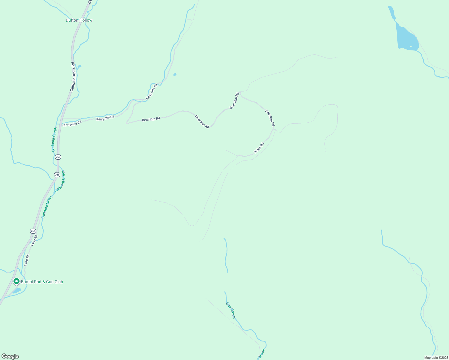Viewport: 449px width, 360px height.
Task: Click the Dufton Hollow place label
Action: coord(79,20)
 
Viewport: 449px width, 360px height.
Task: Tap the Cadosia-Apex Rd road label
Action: coord(73,76)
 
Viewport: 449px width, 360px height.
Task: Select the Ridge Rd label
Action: coord(259,148)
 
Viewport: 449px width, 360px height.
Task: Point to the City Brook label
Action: coord(231,310)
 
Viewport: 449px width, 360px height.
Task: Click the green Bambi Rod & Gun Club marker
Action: coord(17,281)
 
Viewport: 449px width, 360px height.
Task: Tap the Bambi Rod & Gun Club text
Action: coord(42,282)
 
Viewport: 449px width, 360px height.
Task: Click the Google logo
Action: coord(10,356)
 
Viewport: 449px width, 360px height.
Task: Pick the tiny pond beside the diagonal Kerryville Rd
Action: coord(175,74)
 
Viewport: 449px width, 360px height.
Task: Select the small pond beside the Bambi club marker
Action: coord(17,290)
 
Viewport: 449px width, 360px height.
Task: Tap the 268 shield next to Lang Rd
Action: coord(33,231)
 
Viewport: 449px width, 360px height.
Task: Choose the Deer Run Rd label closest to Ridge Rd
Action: coord(270,118)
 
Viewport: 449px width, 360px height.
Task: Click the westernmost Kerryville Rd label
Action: coord(72,123)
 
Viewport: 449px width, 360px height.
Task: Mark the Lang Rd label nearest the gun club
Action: coord(27,260)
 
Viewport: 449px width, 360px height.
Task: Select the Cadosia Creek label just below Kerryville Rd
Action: coord(54,139)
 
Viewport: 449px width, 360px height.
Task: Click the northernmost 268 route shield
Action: coord(58,157)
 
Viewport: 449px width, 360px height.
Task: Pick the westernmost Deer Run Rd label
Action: coord(151,119)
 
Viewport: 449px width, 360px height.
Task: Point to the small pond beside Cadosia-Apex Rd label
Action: coord(79,66)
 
